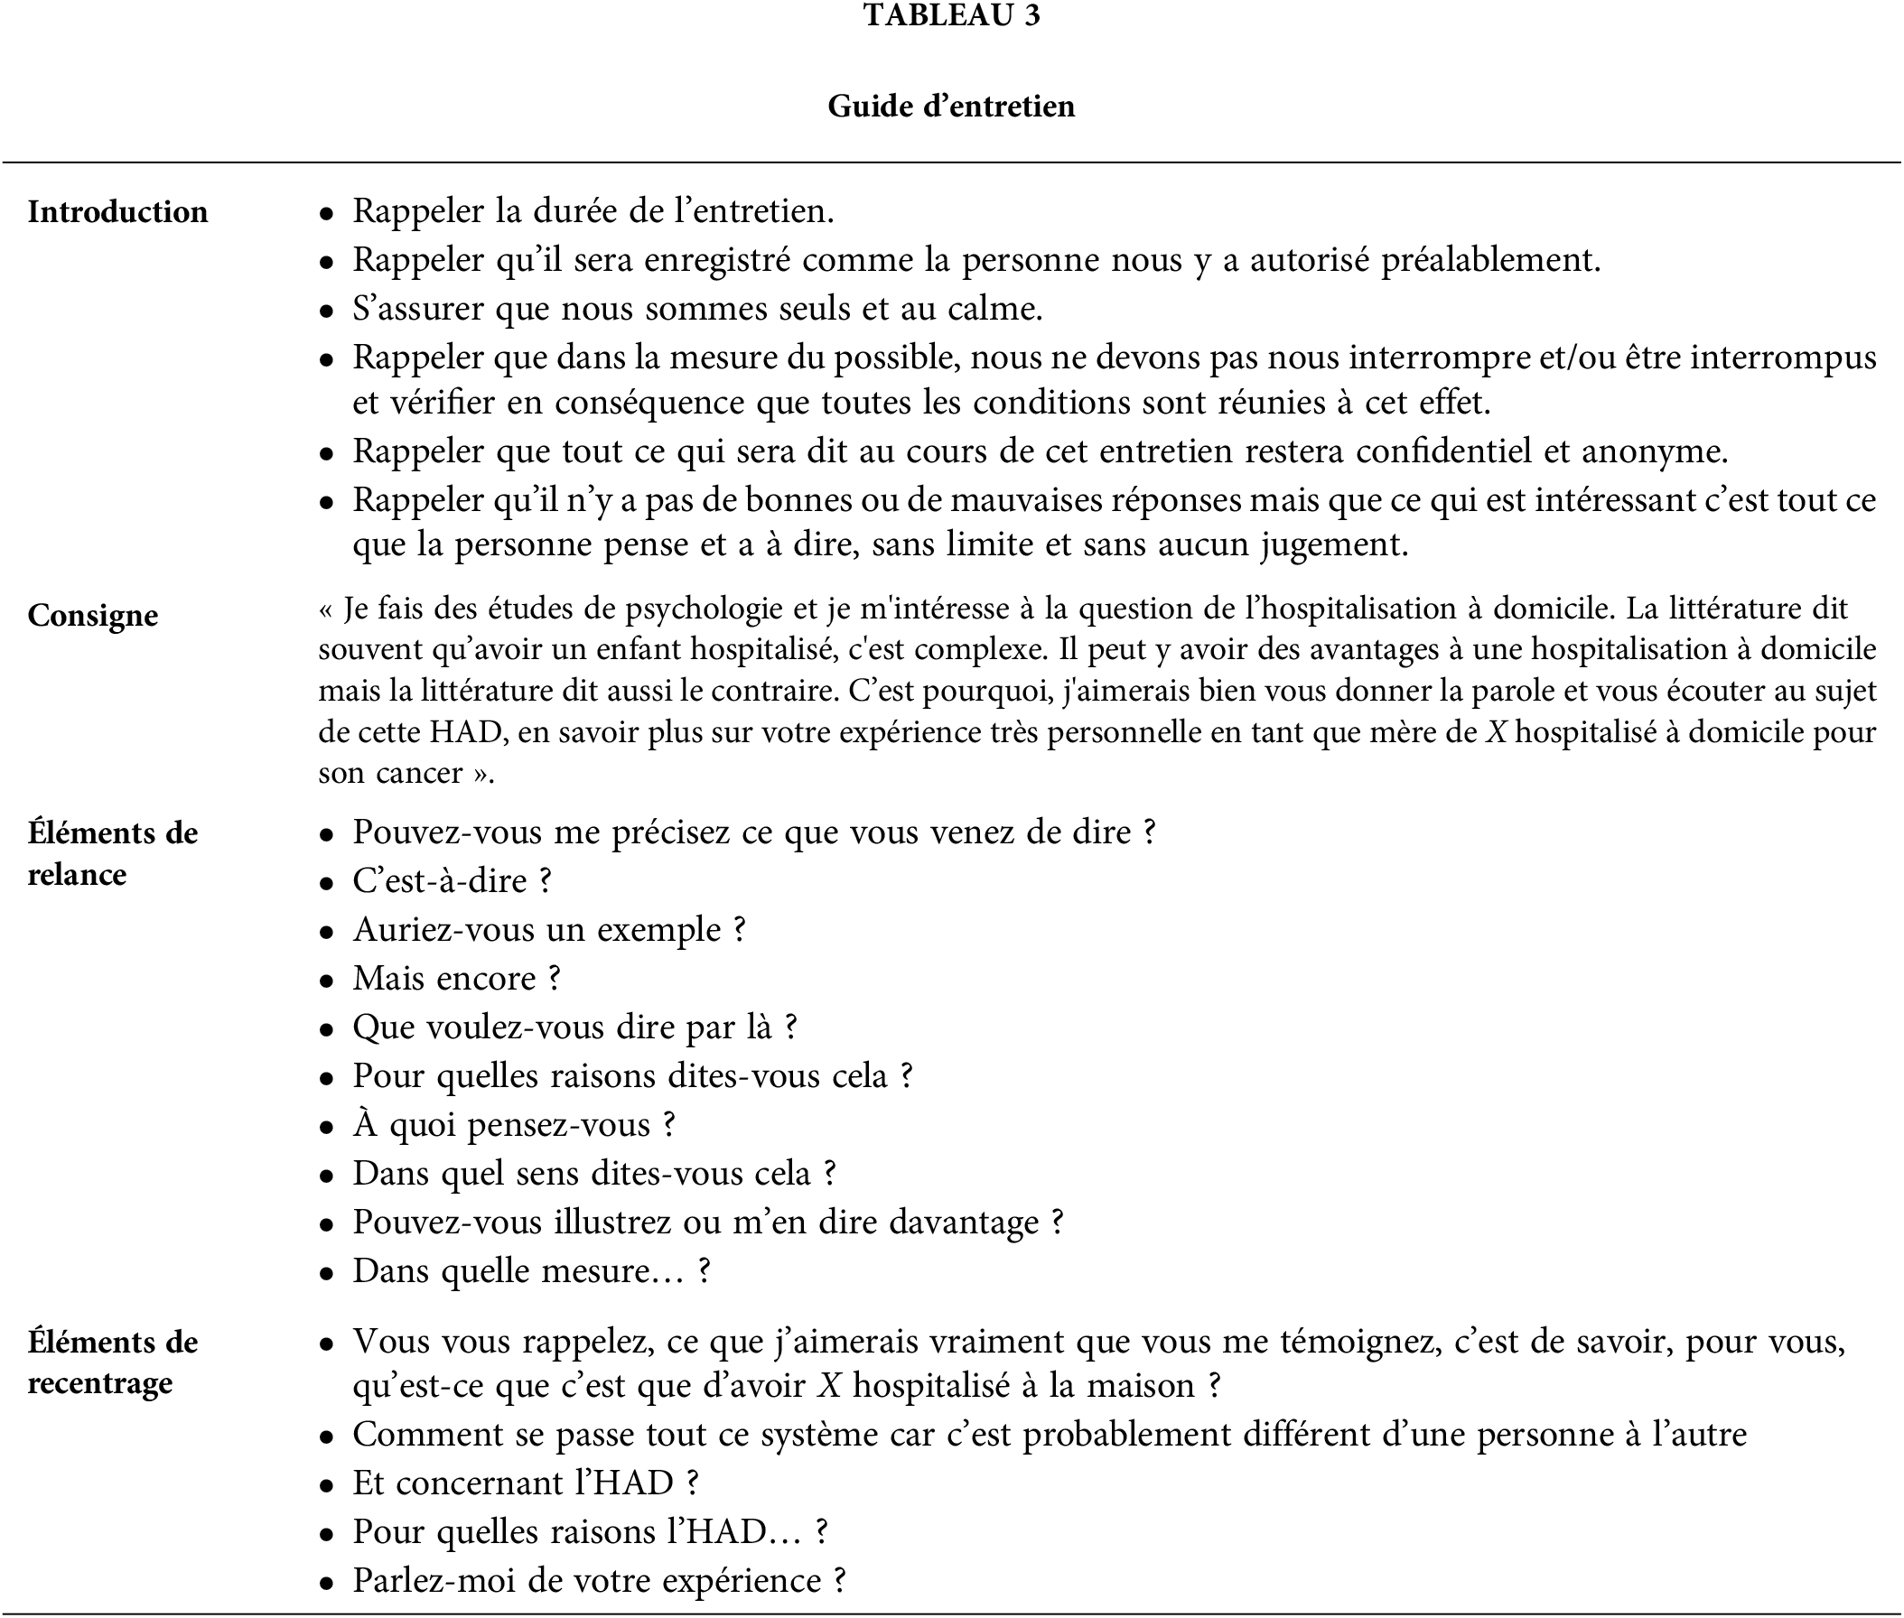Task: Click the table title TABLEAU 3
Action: click(951, 15)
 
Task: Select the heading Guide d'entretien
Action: click(951, 107)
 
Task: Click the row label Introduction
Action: click(117, 212)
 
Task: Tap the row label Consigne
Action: click(93, 616)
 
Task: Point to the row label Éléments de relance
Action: click(112, 853)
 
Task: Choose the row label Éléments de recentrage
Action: click(112, 1362)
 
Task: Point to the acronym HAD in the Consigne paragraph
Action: click(466, 732)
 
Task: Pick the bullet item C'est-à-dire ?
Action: click(452, 881)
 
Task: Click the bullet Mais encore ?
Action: click(456, 979)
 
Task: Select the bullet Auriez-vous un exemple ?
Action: click(549, 930)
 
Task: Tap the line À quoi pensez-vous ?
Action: click(514, 1125)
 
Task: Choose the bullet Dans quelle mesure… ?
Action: click(531, 1271)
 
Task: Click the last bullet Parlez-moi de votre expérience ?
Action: click(598, 1580)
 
